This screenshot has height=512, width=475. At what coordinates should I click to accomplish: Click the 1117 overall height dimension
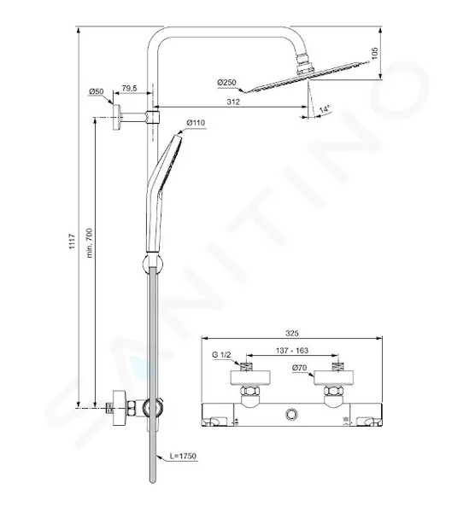[73, 241]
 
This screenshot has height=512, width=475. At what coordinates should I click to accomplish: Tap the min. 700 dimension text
[90, 243]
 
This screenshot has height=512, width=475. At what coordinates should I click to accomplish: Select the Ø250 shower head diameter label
[226, 82]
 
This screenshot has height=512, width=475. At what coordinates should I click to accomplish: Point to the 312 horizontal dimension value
[233, 102]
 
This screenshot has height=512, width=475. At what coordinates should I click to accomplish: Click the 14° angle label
[325, 109]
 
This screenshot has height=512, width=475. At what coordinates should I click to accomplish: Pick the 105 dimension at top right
[375, 53]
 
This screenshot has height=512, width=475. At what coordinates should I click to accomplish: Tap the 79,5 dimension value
[130, 88]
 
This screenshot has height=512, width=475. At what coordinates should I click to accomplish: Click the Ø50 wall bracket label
[97, 91]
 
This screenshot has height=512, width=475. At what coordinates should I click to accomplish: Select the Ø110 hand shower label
[196, 123]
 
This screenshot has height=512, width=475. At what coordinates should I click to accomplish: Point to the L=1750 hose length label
[183, 456]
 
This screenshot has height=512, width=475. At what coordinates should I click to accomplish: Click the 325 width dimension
[292, 333]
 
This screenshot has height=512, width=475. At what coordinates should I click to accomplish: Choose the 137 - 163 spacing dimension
[292, 351]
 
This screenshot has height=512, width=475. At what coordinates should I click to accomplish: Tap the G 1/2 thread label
[221, 355]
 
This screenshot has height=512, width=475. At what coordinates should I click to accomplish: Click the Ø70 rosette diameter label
[300, 368]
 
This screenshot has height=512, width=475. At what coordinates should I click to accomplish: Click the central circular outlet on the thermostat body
[290, 415]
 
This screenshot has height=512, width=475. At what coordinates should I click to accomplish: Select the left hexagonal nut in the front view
[250, 391]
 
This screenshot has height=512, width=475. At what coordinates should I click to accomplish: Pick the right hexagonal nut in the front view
[333, 391]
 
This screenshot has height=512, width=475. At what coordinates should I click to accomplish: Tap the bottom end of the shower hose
[152, 481]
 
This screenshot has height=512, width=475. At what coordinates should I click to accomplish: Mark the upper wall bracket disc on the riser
[116, 117]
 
